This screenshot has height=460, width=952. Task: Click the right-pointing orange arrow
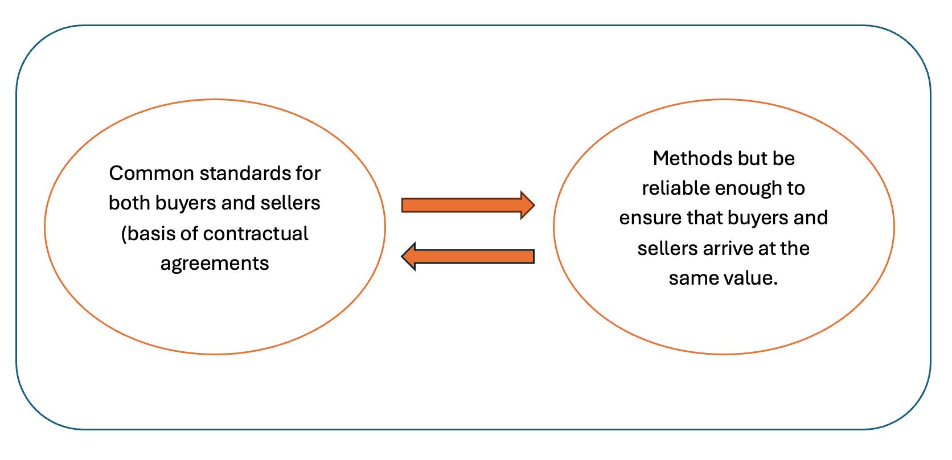click(468, 206)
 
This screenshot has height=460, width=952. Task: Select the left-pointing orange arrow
click(468, 256)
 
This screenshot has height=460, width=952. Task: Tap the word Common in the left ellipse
click(151, 174)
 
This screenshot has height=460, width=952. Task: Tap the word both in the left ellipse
click(129, 203)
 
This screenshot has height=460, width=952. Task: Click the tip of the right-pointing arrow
click(535, 206)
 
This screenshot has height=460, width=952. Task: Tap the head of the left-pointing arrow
click(408, 256)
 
